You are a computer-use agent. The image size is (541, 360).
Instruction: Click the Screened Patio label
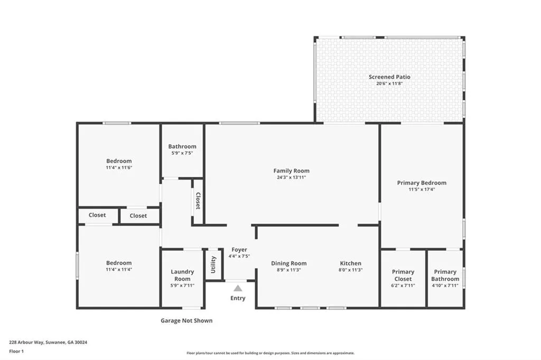click(x=389, y=77)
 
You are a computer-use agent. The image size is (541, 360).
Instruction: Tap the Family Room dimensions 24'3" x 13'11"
click(x=291, y=177)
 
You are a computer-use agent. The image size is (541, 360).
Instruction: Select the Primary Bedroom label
click(x=422, y=183)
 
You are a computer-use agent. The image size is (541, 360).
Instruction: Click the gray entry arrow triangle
click(x=238, y=288)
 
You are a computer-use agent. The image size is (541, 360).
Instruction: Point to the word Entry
click(x=238, y=298)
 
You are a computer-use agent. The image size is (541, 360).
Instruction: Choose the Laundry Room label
click(x=182, y=275)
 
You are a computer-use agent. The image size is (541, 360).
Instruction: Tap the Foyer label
click(x=239, y=250)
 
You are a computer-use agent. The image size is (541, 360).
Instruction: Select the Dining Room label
click(x=288, y=263)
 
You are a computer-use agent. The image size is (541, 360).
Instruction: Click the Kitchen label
click(x=350, y=263)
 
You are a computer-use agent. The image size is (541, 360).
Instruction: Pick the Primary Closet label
click(x=403, y=275)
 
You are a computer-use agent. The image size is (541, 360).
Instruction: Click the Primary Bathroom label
click(x=445, y=275)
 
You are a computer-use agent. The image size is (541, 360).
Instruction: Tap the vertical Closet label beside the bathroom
click(x=198, y=201)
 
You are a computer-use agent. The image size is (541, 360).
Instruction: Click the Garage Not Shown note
click(x=186, y=320)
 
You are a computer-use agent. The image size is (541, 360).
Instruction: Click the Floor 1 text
click(x=17, y=351)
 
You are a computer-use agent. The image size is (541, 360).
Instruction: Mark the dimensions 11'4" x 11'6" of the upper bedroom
click(x=119, y=167)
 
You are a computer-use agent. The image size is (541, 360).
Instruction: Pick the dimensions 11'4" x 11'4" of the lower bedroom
click(x=119, y=269)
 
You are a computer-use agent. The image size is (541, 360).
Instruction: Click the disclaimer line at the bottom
click(x=270, y=353)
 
